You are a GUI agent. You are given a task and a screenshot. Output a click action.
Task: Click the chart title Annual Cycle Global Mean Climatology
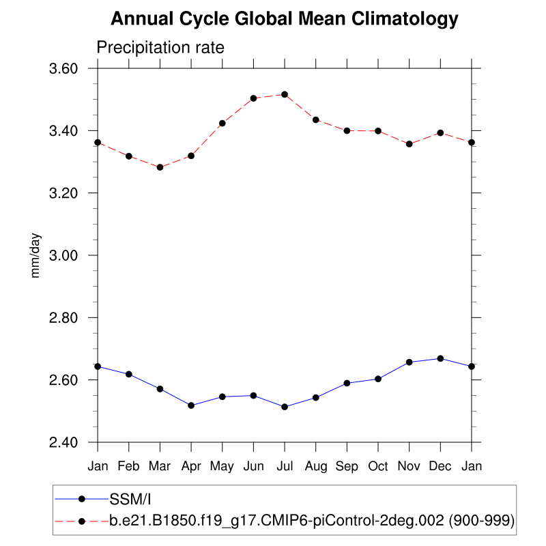[x=284, y=19]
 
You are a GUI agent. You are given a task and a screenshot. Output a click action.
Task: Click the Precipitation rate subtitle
[x=160, y=48]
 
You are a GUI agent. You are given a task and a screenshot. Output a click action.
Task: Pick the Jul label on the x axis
[x=285, y=467]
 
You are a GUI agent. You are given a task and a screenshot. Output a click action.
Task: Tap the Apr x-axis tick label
[x=191, y=467]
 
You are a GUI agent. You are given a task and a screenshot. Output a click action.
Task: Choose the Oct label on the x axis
[x=378, y=467]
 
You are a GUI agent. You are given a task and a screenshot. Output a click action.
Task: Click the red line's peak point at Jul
[x=285, y=94]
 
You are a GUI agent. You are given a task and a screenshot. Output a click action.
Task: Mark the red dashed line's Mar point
[x=160, y=167]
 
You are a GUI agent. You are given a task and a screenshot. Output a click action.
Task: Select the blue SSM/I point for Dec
[x=440, y=358]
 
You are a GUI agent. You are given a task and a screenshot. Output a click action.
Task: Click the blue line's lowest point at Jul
[x=285, y=407]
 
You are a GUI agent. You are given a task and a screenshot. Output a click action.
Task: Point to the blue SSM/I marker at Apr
[x=191, y=405]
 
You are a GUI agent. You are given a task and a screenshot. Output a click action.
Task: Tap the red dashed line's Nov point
[x=409, y=144]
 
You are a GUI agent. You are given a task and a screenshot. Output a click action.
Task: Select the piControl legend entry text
[x=311, y=521]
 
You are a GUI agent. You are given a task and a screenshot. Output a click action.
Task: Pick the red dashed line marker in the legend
[x=82, y=521]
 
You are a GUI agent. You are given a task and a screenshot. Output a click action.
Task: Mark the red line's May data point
[x=222, y=124]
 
